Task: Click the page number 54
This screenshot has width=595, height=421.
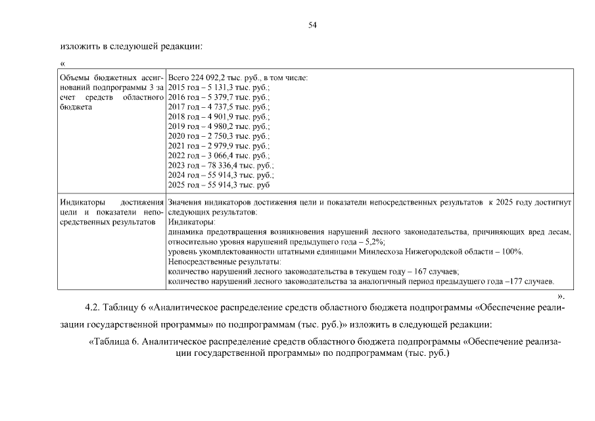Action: pos(312,25)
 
